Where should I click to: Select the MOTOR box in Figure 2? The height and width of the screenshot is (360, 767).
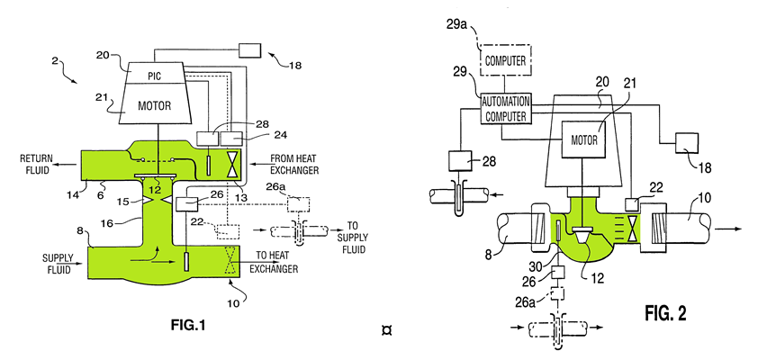coord(584,139)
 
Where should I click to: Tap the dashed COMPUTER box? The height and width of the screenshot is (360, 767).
coord(505,60)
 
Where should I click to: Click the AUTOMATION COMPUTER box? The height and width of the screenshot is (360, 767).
coord(506,109)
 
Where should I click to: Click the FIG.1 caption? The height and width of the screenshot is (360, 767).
coord(188,325)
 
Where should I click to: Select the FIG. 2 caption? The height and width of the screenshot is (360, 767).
coord(665,312)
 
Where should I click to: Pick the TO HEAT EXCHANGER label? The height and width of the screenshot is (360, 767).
coord(277,265)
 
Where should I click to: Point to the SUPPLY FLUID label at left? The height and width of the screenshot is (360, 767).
coord(58,264)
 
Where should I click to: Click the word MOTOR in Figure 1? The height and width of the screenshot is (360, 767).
coord(154,105)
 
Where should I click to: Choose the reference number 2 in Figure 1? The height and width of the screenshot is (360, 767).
coord(55,60)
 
